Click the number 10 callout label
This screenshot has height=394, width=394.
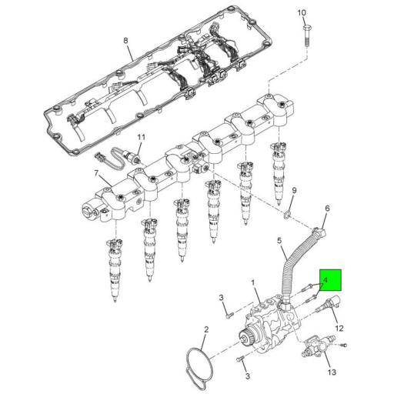click(301, 13)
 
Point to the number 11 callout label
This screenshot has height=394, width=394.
click(140, 138)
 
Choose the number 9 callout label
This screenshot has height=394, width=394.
click(294, 190)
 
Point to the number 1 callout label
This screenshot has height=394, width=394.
click(255, 284)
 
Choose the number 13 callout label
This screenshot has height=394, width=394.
click(332, 372)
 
